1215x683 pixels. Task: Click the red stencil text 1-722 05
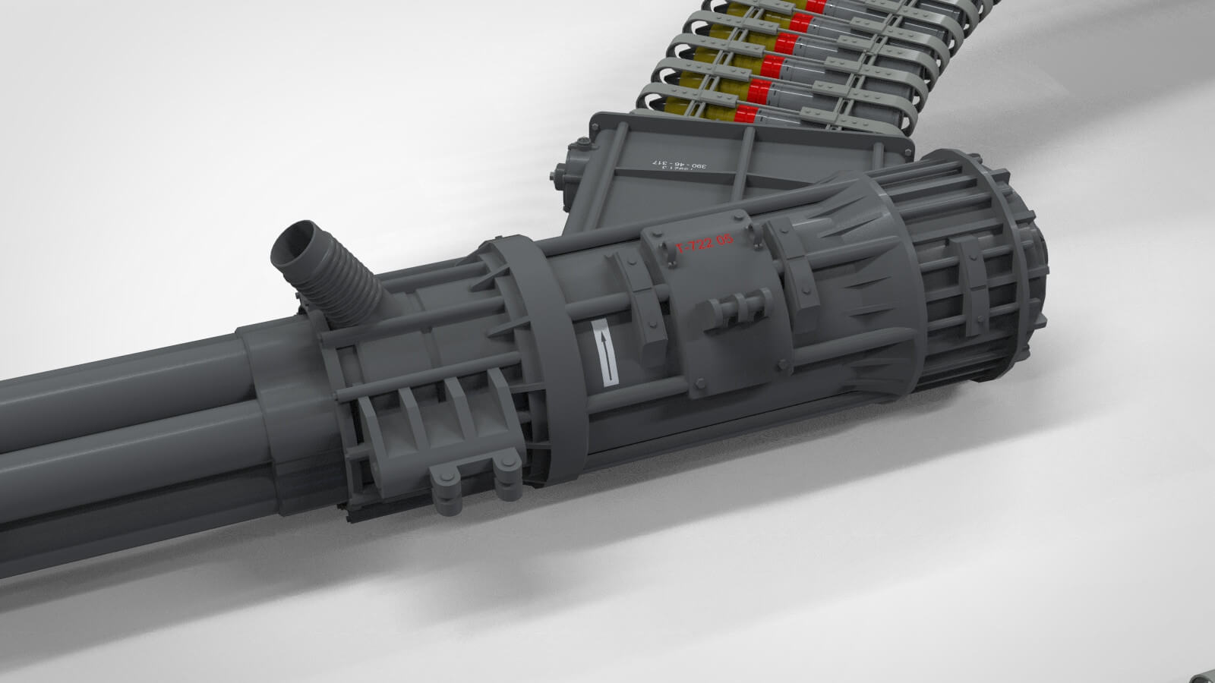(705, 244)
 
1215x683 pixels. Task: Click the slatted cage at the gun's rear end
(980, 281)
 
